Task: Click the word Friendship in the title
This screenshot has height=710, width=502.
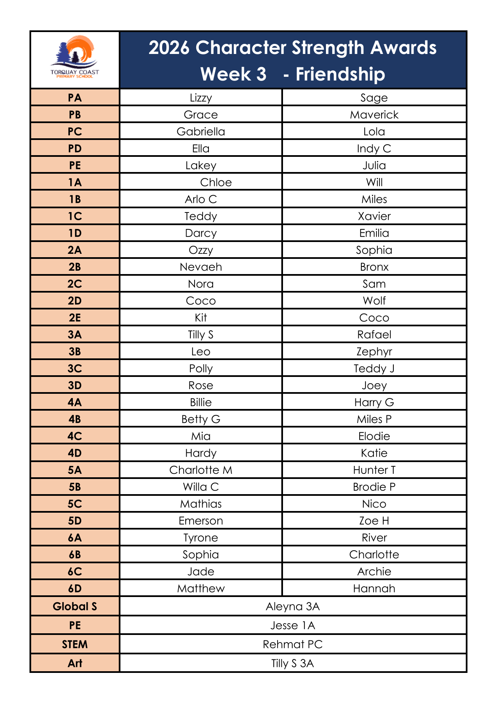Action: click(340, 74)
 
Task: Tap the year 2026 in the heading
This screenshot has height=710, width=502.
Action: click(169, 48)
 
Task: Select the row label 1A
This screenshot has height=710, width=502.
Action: click(75, 182)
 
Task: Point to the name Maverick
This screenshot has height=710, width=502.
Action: click(374, 115)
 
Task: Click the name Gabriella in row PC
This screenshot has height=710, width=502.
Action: click(201, 132)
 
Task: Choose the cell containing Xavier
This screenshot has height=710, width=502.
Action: click(374, 216)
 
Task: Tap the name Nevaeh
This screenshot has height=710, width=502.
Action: click(201, 267)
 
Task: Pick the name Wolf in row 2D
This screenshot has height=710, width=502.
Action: click(374, 301)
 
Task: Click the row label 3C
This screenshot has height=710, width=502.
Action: click(75, 368)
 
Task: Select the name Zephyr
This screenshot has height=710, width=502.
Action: click(374, 352)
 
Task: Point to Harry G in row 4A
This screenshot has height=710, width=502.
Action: click(374, 402)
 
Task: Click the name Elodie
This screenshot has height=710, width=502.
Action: click(374, 436)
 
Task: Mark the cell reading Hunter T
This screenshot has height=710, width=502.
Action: click(374, 470)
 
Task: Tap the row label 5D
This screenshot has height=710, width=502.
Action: click(75, 521)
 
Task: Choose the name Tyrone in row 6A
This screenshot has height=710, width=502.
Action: click(201, 538)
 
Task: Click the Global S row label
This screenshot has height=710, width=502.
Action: click(75, 606)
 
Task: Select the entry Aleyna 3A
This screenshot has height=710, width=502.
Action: click(293, 606)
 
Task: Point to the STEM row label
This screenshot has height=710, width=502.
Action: click(75, 644)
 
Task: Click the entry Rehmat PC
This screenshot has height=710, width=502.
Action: click(293, 644)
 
